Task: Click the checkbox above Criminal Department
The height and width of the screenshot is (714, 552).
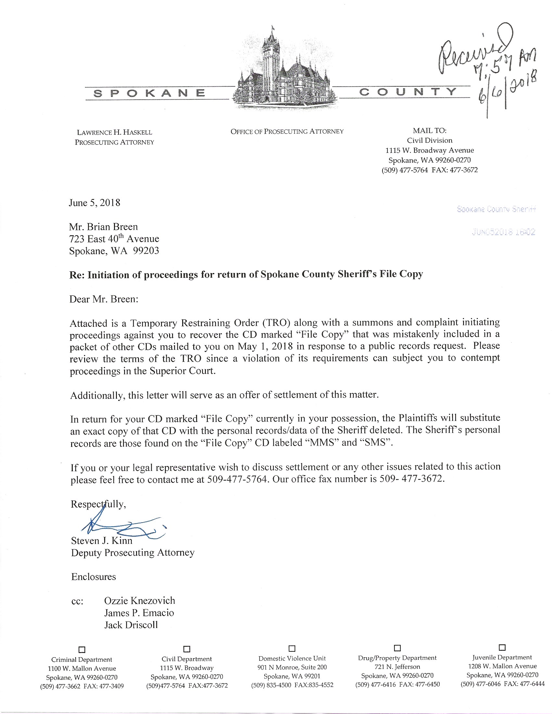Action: tap(82, 649)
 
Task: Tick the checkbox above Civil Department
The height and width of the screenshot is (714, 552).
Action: tap(187, 648)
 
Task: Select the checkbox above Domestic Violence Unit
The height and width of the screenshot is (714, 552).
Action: tap(292, 648)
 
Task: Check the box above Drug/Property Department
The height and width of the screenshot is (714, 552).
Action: tap(397, 647)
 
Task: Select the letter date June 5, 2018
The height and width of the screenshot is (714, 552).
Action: tap(94, 203)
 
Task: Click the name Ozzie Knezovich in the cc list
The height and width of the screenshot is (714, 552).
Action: tap(139, 600)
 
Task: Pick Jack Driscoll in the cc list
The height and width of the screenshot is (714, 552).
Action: tap(131, 625)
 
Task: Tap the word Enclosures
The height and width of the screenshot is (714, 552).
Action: tap(94, 576)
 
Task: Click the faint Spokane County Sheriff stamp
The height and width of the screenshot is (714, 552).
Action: tap(496, 209)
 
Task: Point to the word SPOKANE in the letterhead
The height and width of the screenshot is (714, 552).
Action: tap(149, 93)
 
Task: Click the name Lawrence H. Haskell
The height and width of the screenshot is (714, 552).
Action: tap(114, 132)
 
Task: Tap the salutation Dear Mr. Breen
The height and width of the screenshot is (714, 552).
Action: tap(104, 299)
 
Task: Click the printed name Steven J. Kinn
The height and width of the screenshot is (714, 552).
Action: tap(102, 541)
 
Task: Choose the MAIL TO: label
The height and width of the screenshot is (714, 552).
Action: tap(429, 131)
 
